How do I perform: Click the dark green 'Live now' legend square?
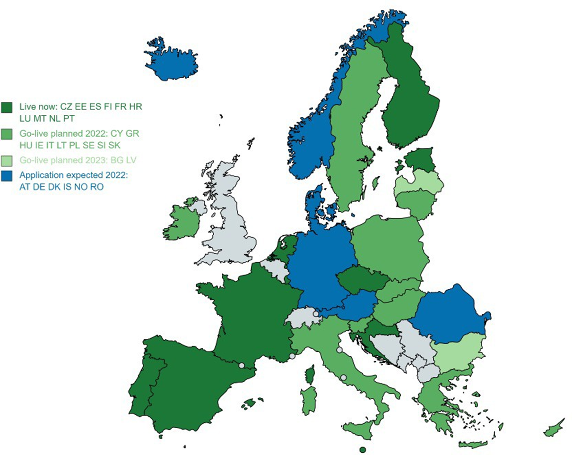point(7,108)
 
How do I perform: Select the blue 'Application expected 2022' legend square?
point(7,175)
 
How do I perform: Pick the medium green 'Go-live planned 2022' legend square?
point(7,134)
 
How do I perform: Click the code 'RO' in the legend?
point(97,187)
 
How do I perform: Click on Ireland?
point(182,221)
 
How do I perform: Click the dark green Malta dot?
point(363,449)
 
